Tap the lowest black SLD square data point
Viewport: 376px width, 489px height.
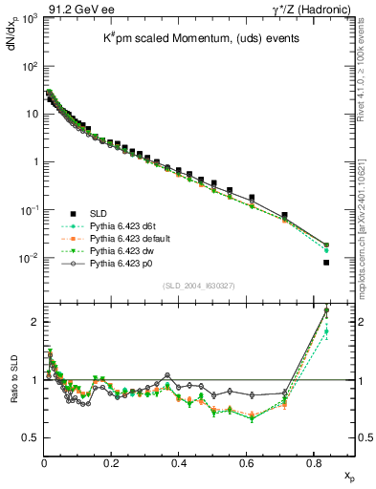(326, 263)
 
